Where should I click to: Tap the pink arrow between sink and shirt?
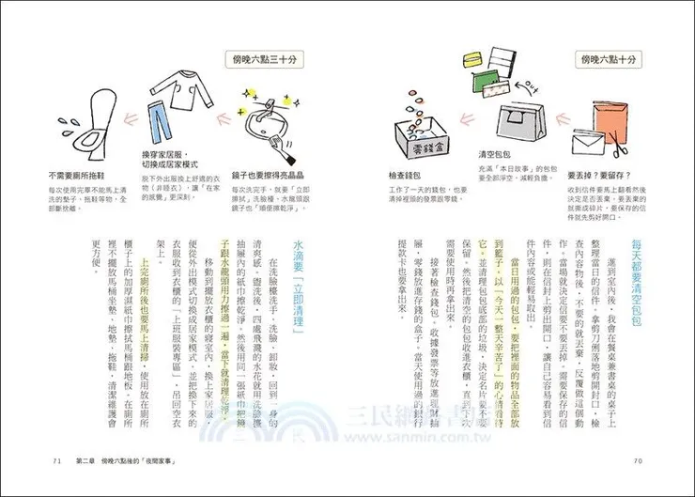[x=209, y=120]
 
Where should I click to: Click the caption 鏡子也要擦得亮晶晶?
[x=257, y=176]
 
